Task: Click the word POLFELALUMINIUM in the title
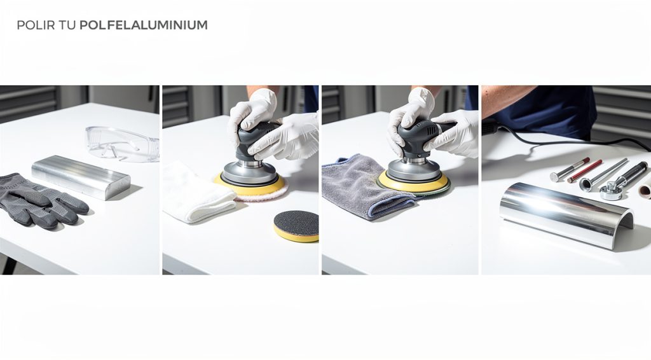(x=144, y=25)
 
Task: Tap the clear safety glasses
(x=121, y=143)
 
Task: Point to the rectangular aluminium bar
(x=81, y=176)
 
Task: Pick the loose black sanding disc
(x=296, y=226)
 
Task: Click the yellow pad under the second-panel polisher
(x=251, y=186)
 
